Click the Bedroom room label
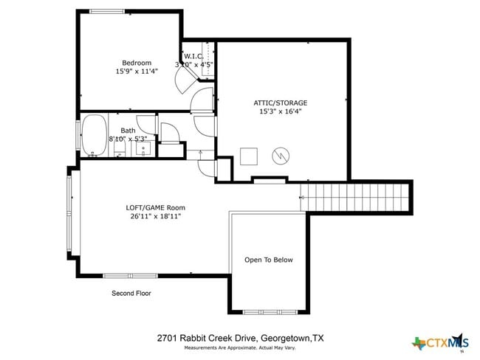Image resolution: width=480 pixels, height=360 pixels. click(x=137, y=63)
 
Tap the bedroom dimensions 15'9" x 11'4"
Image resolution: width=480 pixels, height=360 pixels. click(x=137, y=72)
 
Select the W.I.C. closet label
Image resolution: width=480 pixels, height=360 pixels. click(x=193, y=56)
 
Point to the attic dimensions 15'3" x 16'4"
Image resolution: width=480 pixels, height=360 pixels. click(x=280, y=112)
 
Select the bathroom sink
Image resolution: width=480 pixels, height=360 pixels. click(x=144, y=148)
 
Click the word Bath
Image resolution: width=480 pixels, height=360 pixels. click(x=128, y=131)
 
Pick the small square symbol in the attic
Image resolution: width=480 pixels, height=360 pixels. click(x=249, y=156)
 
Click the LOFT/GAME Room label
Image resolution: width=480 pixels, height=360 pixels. click(x=155, y=207)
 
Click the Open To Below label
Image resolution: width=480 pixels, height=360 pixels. click(x=269, y=260)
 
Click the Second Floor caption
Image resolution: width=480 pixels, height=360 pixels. click(x=131, y=293)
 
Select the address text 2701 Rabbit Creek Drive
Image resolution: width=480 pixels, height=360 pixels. click(x=207, y=338)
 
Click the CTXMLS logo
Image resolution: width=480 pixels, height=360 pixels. click(x=441, y=342)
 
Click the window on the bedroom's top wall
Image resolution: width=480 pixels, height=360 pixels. click(x=108, y=11)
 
